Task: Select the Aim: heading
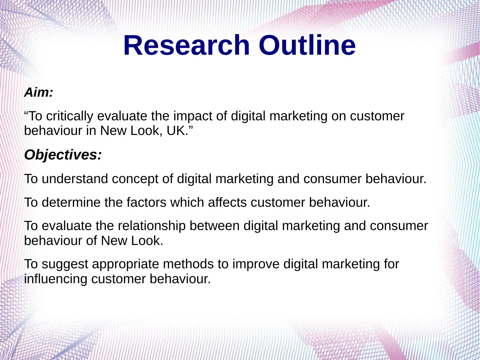[x=39, y=92]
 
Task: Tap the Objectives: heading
[x=63, y=155]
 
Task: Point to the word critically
[x=70, y=116]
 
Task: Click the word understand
[x=75, y=178]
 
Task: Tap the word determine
[x=71, y=202]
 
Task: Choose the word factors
[x=146, y=202]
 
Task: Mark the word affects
[x=227, y=202]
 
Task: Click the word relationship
[x=151, y=226]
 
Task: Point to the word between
[x=215, y=226]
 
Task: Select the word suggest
[x=65, y=264]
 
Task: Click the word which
[x=187, y=202]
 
